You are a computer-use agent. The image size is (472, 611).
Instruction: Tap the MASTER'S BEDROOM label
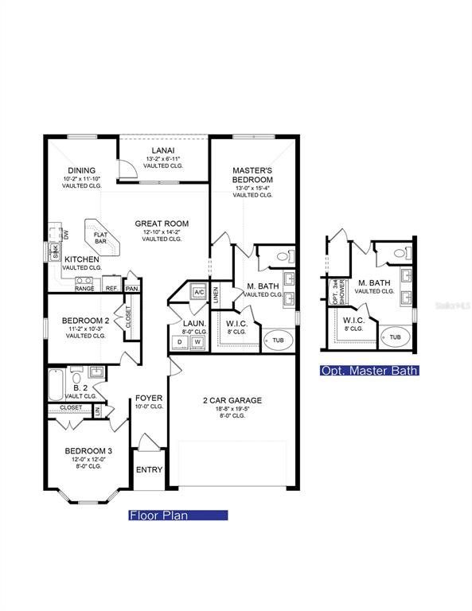click(252, 175)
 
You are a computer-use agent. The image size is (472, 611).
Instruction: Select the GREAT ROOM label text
click(162, 224)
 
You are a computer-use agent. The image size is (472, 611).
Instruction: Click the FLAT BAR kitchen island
click(101, 236)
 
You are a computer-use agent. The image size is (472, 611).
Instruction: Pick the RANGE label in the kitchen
click(84, 288)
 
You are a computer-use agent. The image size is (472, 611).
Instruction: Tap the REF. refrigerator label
click(111, 288)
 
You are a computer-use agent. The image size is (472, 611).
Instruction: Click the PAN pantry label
click(132, 288)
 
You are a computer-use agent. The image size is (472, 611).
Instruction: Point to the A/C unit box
click(198, 292)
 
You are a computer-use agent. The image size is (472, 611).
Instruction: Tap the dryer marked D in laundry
click(179, 341)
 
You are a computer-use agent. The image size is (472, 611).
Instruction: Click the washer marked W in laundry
click(197, 341)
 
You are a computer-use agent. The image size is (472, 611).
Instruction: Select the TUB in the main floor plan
click(277, 339)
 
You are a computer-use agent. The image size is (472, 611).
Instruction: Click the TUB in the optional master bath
click(395, 337)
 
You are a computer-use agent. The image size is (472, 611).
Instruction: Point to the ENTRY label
click(149, 469)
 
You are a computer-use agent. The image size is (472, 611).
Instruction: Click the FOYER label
click(149, 398)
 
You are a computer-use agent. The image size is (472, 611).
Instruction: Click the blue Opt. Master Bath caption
click(369, 371)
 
